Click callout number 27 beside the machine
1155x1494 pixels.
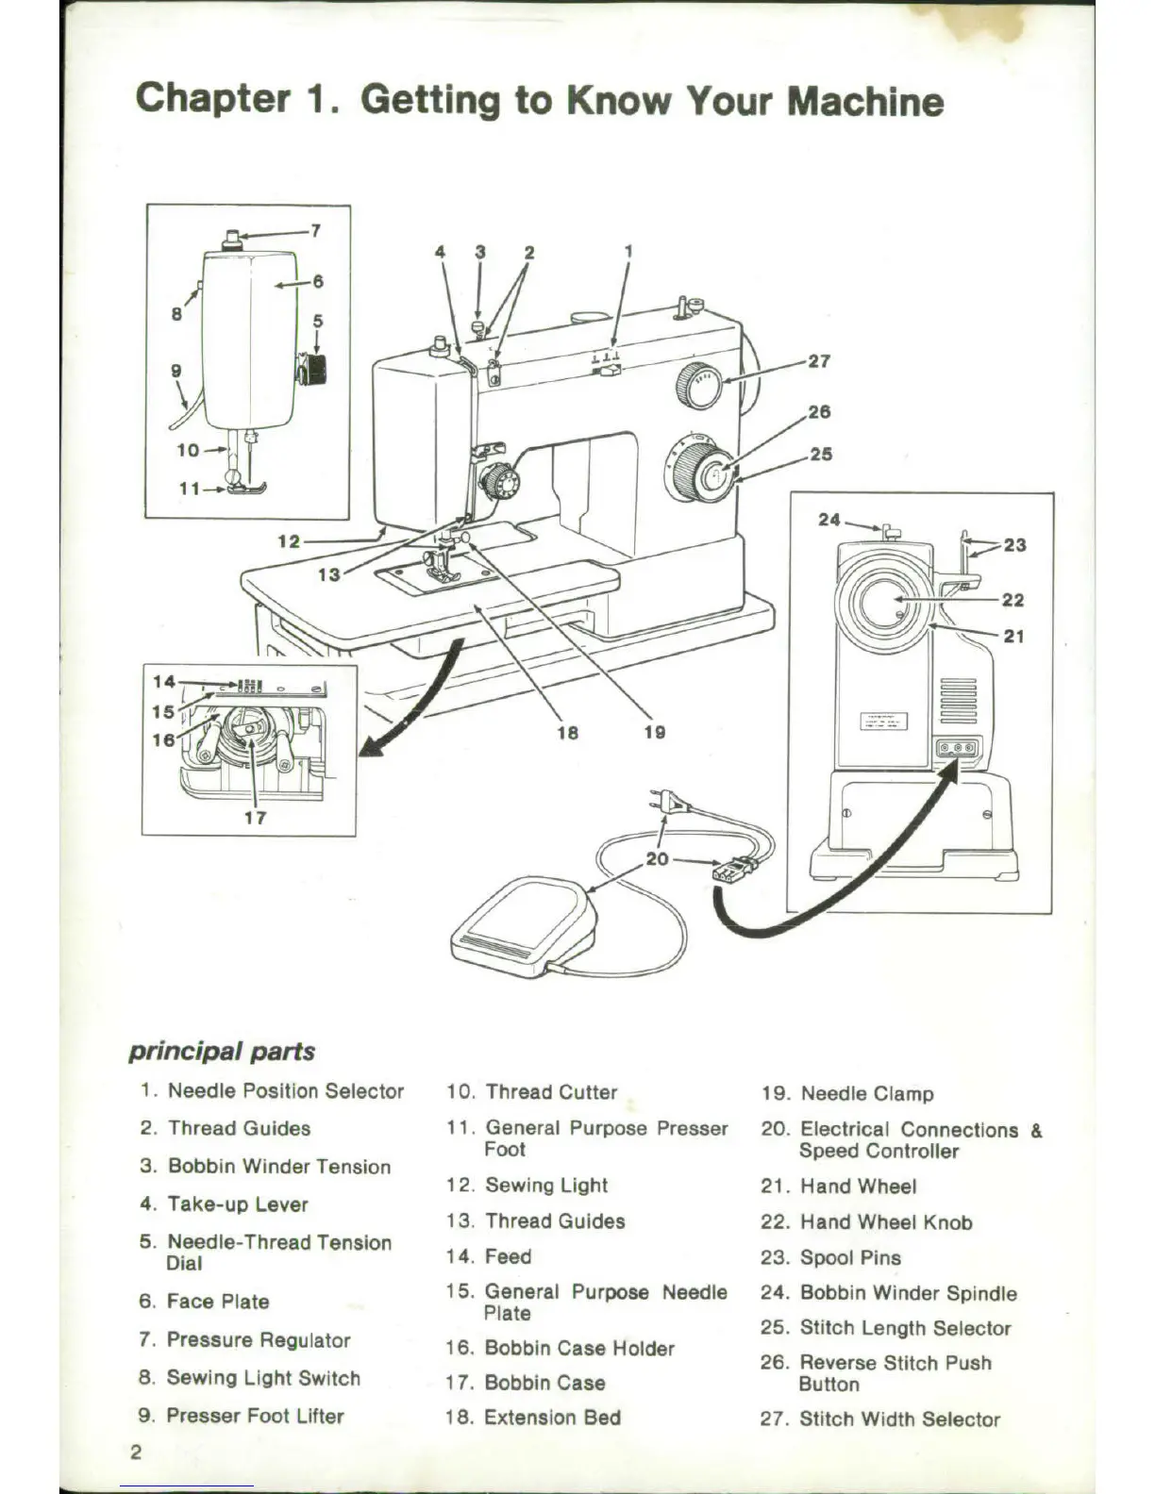pyautogui.click(x=819, y=361)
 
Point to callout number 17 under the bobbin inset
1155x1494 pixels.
pyautogui.click(x=255, y=818)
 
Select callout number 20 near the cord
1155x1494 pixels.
pyautogui.click(x=657, y=859)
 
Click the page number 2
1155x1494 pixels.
pyautogui.click(x=136, y=1452)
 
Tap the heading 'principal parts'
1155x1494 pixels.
pyautogui.click(x=222, y=1052)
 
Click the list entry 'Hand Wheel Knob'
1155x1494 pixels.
pyautogui.click(x=886, y=1222)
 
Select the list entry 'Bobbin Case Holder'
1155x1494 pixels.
pyautogui.click(x=579, y=1349)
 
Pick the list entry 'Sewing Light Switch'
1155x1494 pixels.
pyautogui.click(x=263, y=1378)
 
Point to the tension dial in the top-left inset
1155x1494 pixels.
pyautogui.click(x=312, y=369)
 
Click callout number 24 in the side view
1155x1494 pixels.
pyautogui.click(x=829, y=520)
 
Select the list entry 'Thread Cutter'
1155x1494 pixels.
pyautogui.click(x=551, y=1092)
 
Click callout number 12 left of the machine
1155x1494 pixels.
pyautogui.click(x=288, y=540)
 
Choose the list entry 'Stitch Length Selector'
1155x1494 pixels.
pyautogui.click(x=905, y=1328)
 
